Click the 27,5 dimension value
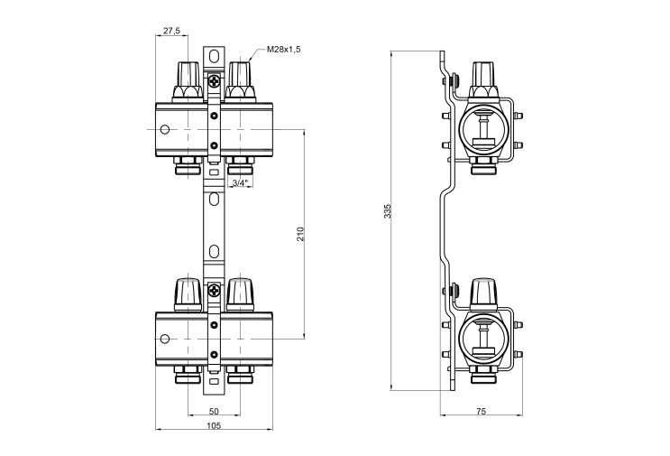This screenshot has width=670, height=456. [x=171, y=31]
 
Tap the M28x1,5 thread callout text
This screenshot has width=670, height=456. [x=284, y=49]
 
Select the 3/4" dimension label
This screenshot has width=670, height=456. [x=240, y=183]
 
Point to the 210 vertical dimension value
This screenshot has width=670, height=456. [x=300, y=234]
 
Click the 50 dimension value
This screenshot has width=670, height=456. [x=214, y=411]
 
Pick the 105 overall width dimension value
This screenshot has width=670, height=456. [x=214, y=425]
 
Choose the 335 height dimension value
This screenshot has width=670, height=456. [x=388, y=211]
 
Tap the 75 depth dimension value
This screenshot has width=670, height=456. [x=481, y=412]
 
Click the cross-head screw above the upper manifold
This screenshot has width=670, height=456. [x=214, y=80]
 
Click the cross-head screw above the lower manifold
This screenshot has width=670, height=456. [x=214, y=291]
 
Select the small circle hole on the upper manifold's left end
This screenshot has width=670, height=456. [x=165, y=129]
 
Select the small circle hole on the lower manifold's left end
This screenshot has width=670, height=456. [x=165, y=339]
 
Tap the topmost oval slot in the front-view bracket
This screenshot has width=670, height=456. [x=214, y=56]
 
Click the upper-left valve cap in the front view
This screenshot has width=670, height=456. [x=188, y=81]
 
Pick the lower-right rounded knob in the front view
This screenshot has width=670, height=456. [x=240, y=294]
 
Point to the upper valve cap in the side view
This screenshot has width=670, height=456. [x=483, y=80]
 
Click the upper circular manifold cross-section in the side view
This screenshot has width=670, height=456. [x=483, y=129]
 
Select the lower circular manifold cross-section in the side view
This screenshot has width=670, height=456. [x=483, y=339]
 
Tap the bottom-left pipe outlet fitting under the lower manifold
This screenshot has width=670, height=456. [x=188, y=375]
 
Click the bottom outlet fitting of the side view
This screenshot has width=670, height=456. [x=483, y=375]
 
